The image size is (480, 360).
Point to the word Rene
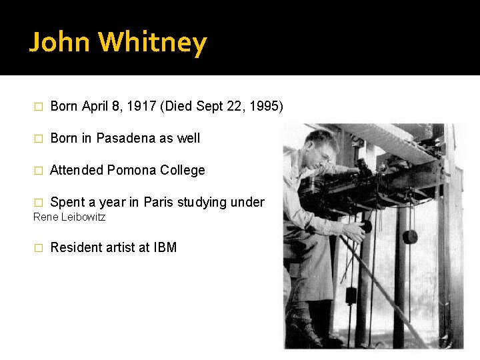pyautogui.click(x=45, y=217)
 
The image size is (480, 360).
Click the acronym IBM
pyautogui.click(x=165, y=247)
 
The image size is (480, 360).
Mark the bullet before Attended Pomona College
pyautogui.click(x=38, y=171)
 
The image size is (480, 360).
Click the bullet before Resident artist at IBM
pyautogui.click(x=38, y=248)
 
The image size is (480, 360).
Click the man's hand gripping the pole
pyautogui.click(x=357, y=229)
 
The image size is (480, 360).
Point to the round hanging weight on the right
pyautogui.click(x=410, y=236)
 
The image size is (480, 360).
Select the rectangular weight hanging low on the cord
pyautogui.click(x=351, y=294)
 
